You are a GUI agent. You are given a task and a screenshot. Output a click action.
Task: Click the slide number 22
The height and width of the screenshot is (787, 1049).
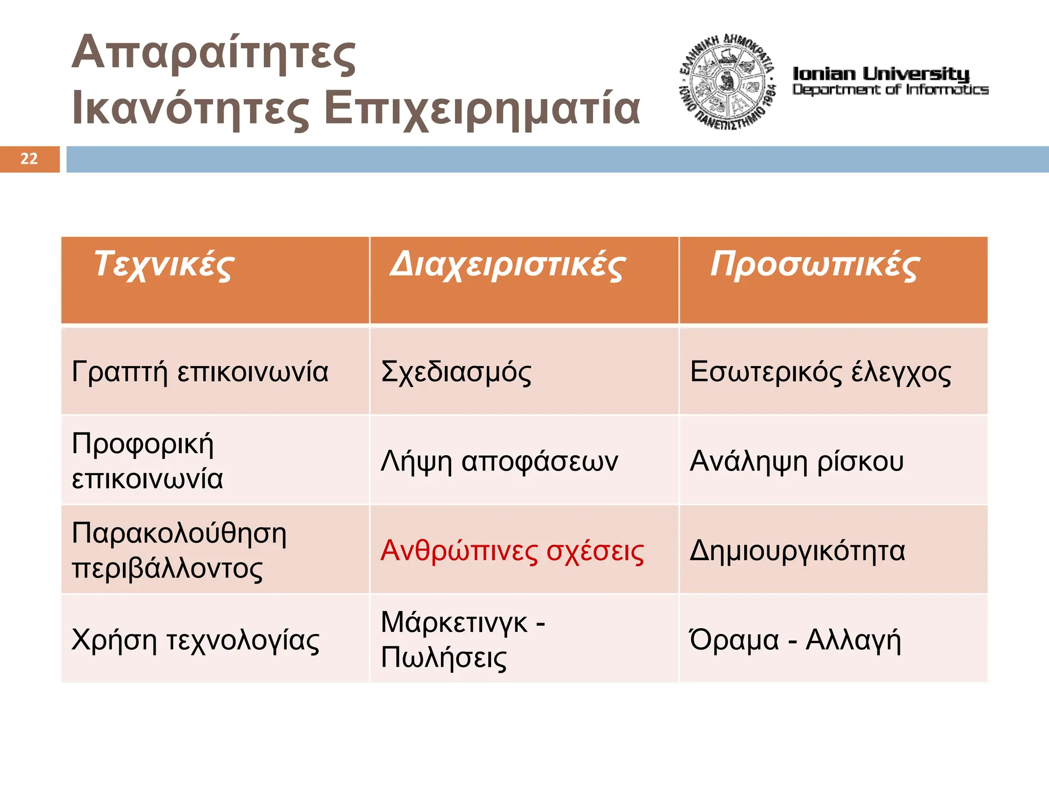click(29, 159)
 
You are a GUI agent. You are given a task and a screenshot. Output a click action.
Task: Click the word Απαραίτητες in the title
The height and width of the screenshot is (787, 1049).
click(214, 54)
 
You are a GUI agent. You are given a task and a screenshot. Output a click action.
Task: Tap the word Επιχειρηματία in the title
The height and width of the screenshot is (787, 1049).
click(482, 109)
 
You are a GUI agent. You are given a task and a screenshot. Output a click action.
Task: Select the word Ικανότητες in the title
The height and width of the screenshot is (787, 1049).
click(191, 109)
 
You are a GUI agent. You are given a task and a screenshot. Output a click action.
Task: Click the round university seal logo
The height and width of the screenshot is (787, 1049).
click(727, 82)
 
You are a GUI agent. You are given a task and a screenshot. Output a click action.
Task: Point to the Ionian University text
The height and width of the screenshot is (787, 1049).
click(881, 74)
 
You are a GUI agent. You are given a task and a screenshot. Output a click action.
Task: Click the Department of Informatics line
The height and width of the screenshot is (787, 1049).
click(890, 90)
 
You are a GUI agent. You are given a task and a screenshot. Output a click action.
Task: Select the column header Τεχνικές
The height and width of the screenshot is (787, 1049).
click(164, 265)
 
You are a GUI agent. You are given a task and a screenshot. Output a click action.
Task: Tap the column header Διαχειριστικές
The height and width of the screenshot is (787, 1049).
click(507, 265)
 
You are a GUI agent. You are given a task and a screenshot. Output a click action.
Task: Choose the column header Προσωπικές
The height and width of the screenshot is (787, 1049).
click(814, 265)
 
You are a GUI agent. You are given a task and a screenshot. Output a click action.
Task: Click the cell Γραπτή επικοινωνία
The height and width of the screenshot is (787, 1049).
click(200, 372)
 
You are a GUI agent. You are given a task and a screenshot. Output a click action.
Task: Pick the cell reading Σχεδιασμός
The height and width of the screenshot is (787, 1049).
click(456, 372)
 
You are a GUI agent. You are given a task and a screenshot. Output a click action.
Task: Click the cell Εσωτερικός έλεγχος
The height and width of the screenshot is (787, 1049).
click(820, 372)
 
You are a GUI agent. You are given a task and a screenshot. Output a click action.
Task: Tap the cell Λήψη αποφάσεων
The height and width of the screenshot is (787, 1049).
click(499, 461)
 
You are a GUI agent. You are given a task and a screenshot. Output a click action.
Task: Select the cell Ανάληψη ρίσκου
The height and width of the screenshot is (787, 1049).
click(796, 461)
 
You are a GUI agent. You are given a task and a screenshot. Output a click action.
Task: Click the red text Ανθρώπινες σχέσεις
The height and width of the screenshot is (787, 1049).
click(512, 551)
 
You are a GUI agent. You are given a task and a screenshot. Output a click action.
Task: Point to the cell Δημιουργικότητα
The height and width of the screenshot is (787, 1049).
click(798, 551)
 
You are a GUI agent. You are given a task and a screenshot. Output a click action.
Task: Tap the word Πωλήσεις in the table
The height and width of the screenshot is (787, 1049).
click(444, 658)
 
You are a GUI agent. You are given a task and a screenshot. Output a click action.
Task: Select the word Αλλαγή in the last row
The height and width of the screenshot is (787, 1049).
click(853, 640)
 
